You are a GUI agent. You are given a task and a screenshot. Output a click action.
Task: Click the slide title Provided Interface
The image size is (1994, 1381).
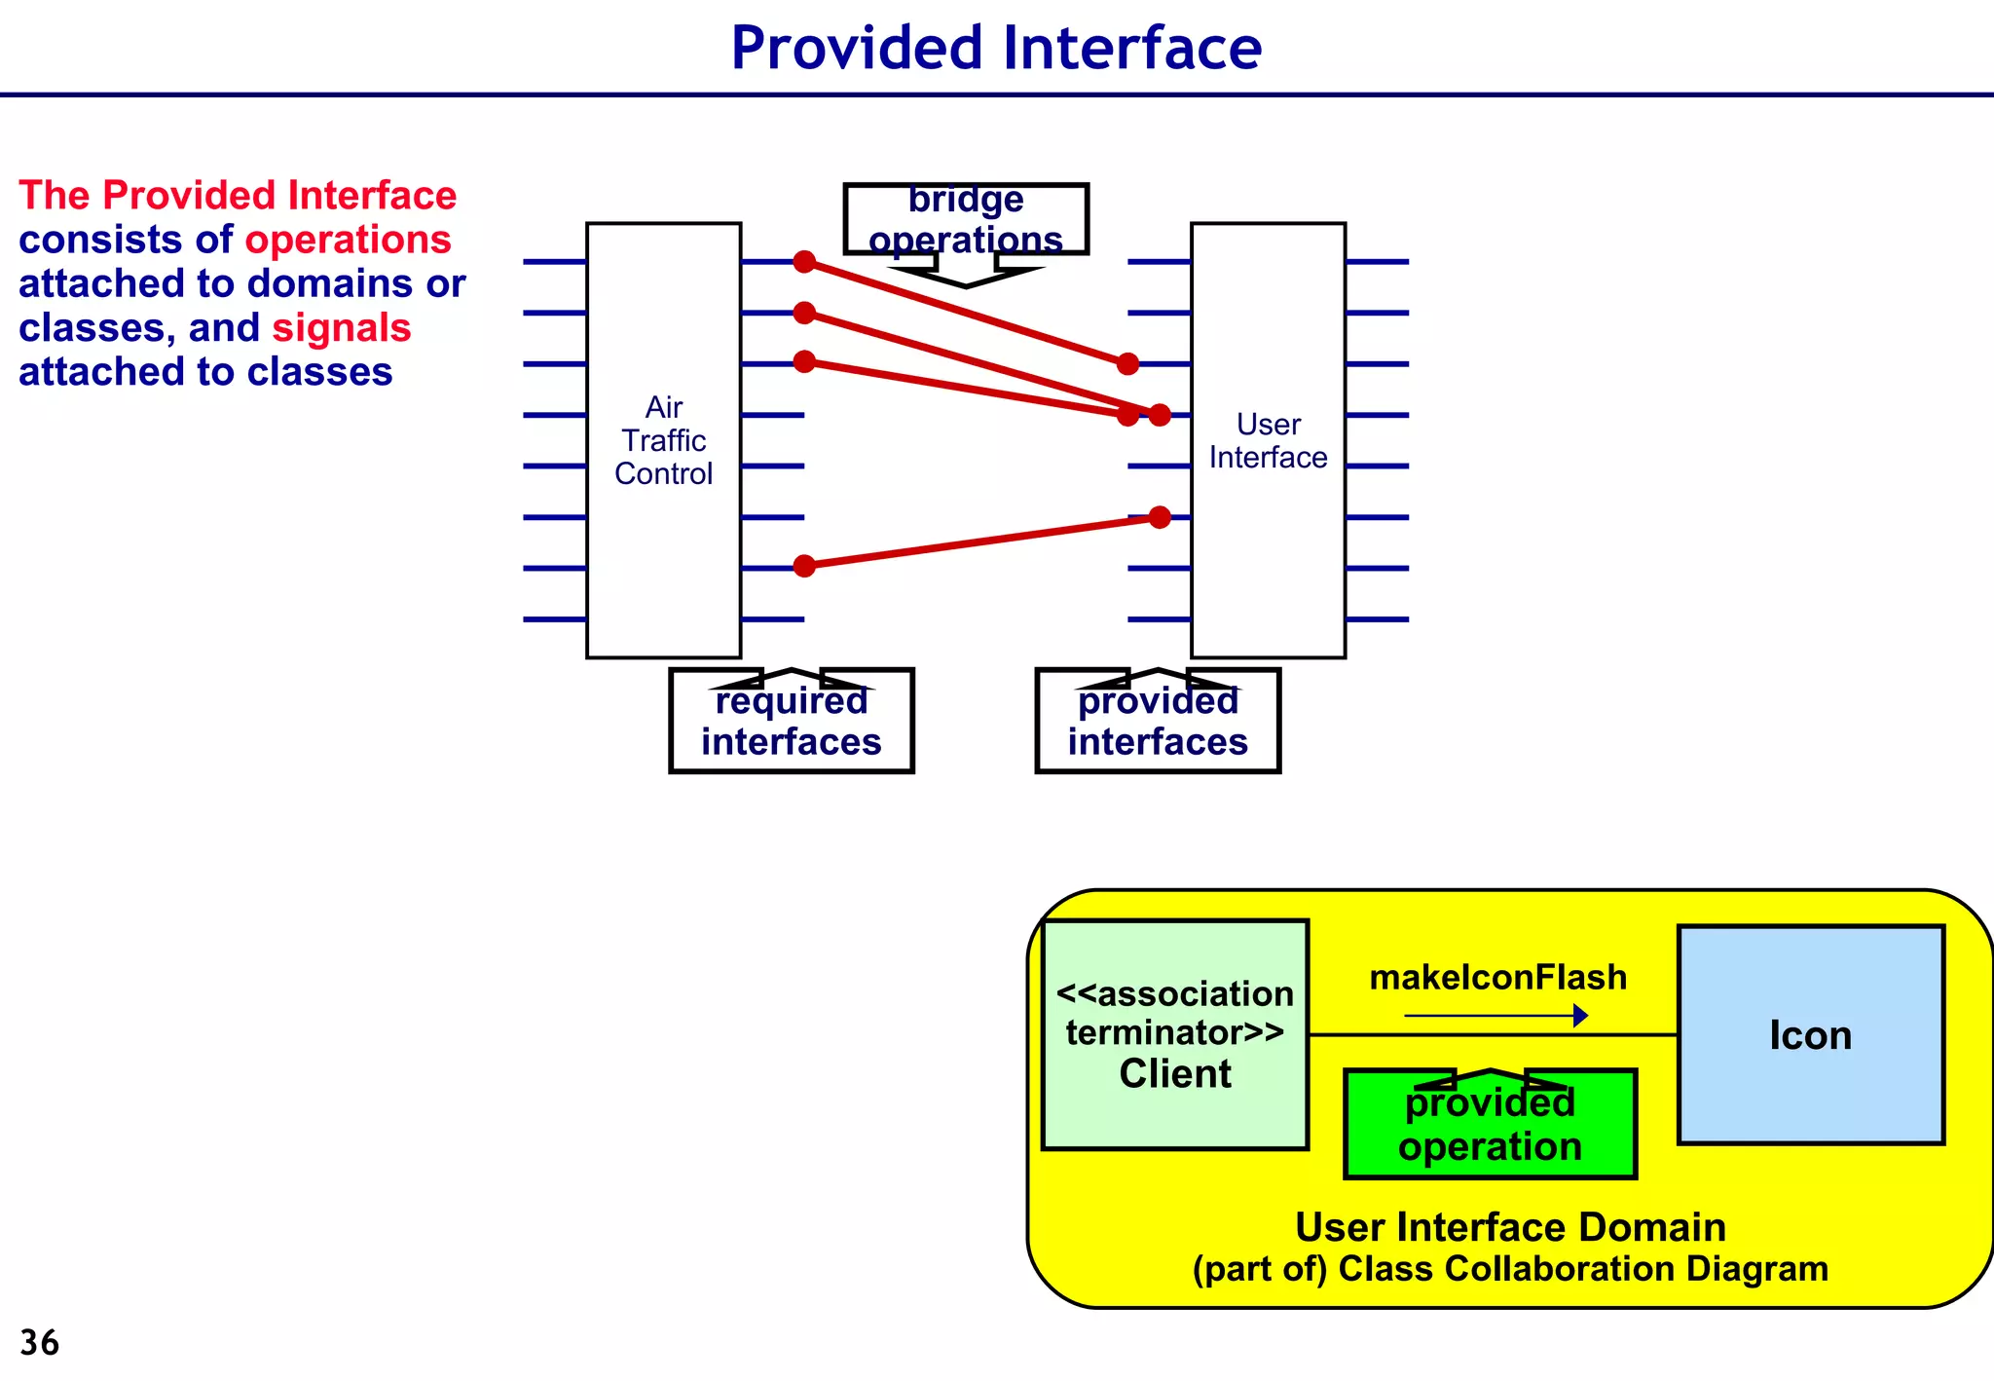996,49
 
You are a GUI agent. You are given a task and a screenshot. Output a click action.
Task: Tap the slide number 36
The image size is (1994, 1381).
40,1342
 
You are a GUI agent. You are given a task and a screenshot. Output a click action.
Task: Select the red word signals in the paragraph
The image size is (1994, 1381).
342,328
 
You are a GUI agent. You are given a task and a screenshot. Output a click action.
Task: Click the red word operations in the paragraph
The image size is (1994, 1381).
348,240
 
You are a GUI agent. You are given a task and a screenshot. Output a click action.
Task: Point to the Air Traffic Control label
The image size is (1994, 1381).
664,440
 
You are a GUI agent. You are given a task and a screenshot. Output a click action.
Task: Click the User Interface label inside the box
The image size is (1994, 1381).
1268,441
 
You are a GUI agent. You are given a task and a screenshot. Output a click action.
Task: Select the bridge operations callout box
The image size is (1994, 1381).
966,220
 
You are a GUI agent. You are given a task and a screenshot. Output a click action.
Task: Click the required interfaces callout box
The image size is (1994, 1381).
792,723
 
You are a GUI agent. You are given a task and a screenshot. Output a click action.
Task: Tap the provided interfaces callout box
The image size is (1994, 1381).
1158,723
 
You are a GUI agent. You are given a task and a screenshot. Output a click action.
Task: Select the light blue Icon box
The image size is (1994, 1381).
1810,1034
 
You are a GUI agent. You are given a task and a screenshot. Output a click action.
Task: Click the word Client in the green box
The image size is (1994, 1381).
1175,1074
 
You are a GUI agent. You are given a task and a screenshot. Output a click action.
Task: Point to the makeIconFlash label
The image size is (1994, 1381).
1497,977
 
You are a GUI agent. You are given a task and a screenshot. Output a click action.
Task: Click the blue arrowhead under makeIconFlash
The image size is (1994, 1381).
1580,1016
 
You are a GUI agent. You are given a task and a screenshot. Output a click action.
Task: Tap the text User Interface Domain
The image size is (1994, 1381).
1510,1227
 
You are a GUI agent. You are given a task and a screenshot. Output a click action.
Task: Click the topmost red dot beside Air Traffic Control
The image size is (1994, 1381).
804,261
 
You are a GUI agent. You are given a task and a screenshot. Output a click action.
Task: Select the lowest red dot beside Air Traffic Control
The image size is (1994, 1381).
804,566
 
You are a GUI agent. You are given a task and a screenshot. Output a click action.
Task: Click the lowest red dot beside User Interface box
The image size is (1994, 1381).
1160,517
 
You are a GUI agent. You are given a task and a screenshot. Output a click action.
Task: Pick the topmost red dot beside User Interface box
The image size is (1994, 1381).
1127,364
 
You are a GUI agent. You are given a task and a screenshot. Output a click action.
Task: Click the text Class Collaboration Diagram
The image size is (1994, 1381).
1583,1269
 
